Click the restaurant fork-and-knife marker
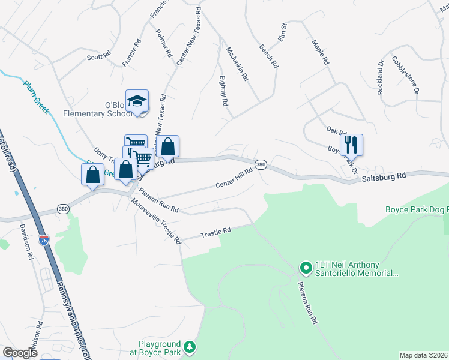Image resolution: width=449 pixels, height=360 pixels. pos(351,144)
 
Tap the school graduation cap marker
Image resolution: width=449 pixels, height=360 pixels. pos(137,100)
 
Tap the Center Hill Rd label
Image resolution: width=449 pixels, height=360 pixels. pos(235,179)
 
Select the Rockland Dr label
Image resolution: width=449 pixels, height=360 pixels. pos(381,77)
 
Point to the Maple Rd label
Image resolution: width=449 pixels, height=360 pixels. pos(320,52)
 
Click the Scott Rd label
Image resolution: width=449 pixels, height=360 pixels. pos(99,56)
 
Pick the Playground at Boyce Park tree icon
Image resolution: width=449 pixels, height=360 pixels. pos(190,347)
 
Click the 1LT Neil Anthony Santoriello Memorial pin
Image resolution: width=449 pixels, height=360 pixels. pos(306,266)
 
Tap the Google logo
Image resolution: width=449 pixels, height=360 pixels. pos(20,353)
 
